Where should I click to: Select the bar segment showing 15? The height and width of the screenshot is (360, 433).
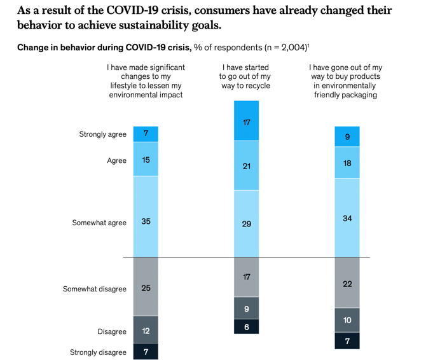click(x=146, y=159)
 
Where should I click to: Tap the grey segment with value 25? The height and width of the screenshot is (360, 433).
click(x=146, y=287)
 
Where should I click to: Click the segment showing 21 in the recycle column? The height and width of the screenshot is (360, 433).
click(x=246, y=166)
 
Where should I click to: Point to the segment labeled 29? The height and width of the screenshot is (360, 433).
click(x=246, y=224)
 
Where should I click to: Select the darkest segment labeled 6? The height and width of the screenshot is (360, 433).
click(x=246, y=327)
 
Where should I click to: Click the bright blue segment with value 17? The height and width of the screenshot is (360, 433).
click(x=246, y=121)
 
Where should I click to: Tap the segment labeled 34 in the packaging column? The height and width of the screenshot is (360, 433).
click(x=347, y=218)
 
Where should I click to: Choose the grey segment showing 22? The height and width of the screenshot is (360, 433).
click(x=347, y=283)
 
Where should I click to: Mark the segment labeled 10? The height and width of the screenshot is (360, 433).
click(x=347, y=320)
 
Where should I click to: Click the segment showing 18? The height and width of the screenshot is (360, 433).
click(x=347, y=163)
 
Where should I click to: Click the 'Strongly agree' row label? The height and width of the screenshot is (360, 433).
click(x=102, y=134)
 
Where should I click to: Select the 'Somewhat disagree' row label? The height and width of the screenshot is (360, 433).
click(x=94, y=289)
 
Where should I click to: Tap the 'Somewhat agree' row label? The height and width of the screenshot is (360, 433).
click(x=99, y=223)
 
